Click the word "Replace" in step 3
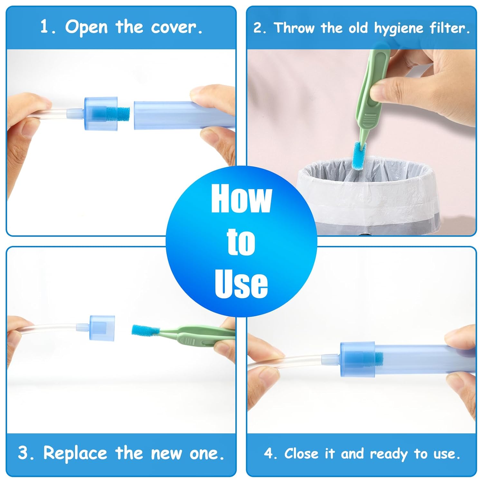tap(75, 453)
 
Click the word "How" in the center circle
tap(241, 198)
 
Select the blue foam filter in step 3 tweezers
tap(145, 331)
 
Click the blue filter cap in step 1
tap(101, 113)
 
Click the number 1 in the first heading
tap(44, 27)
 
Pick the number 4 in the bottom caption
tap(268, 454)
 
